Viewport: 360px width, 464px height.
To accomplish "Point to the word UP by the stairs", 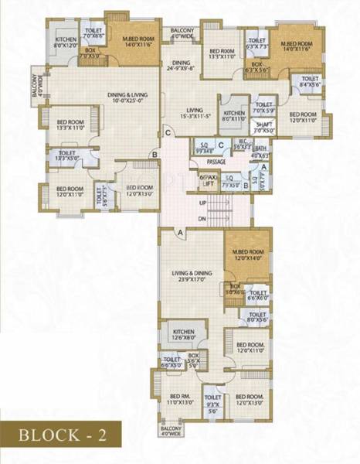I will coord(202,203).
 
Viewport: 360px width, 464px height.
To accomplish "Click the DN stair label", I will coord(202,219).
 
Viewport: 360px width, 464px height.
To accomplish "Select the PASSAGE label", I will coord(216,162).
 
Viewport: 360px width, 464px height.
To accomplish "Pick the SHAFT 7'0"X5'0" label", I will coord(264,128).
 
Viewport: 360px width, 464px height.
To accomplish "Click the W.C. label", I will coord(241,143).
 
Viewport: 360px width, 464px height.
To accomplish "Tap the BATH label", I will coord(260,152).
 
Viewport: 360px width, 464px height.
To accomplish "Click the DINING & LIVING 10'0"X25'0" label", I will coord(127,97).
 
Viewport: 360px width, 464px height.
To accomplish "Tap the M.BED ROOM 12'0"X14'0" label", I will coord(248,254).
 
